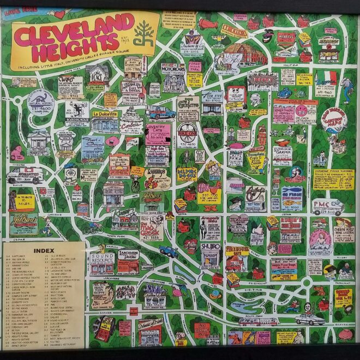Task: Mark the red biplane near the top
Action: click(x=208, y=23)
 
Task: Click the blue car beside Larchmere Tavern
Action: click(x=168, y=251)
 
